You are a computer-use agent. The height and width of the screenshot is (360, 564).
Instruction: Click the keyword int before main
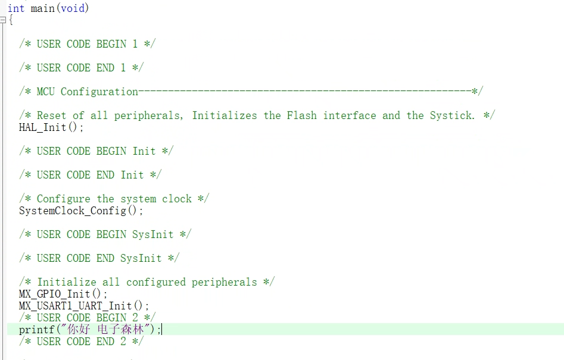[16, 8]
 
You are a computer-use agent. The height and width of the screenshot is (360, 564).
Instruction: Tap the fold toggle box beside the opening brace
[3, 20]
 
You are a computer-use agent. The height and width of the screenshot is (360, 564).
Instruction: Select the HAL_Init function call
[51, 127]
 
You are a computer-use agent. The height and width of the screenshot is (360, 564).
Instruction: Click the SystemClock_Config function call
[81, 211]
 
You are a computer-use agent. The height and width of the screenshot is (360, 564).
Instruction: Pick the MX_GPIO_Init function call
[63, 294]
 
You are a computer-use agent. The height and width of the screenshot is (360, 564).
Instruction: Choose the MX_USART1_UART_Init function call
[84, 306]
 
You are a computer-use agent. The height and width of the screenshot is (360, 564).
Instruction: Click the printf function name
[36, 330]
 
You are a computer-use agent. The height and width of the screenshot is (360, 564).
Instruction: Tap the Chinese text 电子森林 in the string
[121, 329]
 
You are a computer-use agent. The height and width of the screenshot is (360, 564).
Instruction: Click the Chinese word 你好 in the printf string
[79, 329]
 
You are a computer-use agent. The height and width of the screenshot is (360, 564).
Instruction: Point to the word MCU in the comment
[46, 92]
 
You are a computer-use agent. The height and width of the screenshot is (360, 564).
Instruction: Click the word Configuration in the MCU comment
[99, 92]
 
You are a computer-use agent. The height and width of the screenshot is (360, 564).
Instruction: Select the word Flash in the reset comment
[302, 115]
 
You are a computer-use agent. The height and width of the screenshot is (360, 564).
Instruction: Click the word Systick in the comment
[451, 115]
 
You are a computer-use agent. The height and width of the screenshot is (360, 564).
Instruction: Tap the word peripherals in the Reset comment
[147, 115]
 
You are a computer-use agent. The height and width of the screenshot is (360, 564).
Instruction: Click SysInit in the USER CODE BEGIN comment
[153, 234]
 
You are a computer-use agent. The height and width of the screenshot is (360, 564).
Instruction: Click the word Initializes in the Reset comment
[225, 115]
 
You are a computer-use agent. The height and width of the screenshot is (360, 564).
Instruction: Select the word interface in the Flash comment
[350, 115]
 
